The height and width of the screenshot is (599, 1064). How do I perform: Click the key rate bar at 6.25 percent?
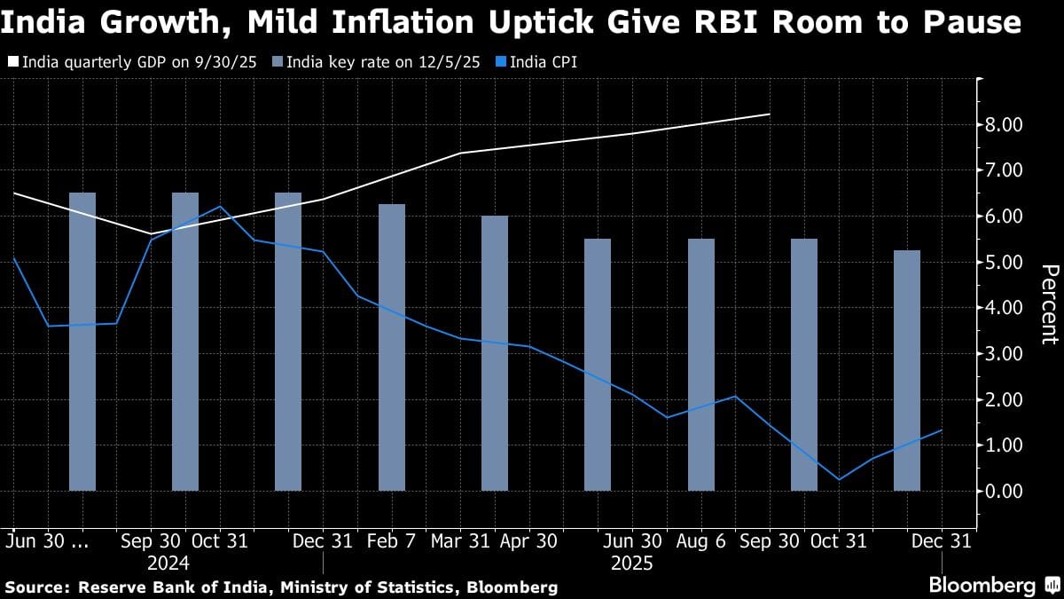pos(392,347)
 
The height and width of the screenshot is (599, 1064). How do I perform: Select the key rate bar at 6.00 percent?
pos(495,353)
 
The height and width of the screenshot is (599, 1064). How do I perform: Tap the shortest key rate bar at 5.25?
pos(907,370)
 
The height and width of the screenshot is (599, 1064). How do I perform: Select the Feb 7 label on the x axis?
pos(392,541)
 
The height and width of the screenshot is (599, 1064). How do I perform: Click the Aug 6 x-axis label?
pos(701,541)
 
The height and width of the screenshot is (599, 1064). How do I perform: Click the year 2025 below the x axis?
pos(632,564)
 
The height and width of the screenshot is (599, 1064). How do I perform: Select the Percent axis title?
pos(1050,304)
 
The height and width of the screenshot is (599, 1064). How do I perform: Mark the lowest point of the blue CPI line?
pos(839,480)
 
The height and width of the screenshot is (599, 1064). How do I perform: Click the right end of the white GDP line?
pos(769,114)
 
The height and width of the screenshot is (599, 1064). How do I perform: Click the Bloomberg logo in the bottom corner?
pos(982,586)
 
